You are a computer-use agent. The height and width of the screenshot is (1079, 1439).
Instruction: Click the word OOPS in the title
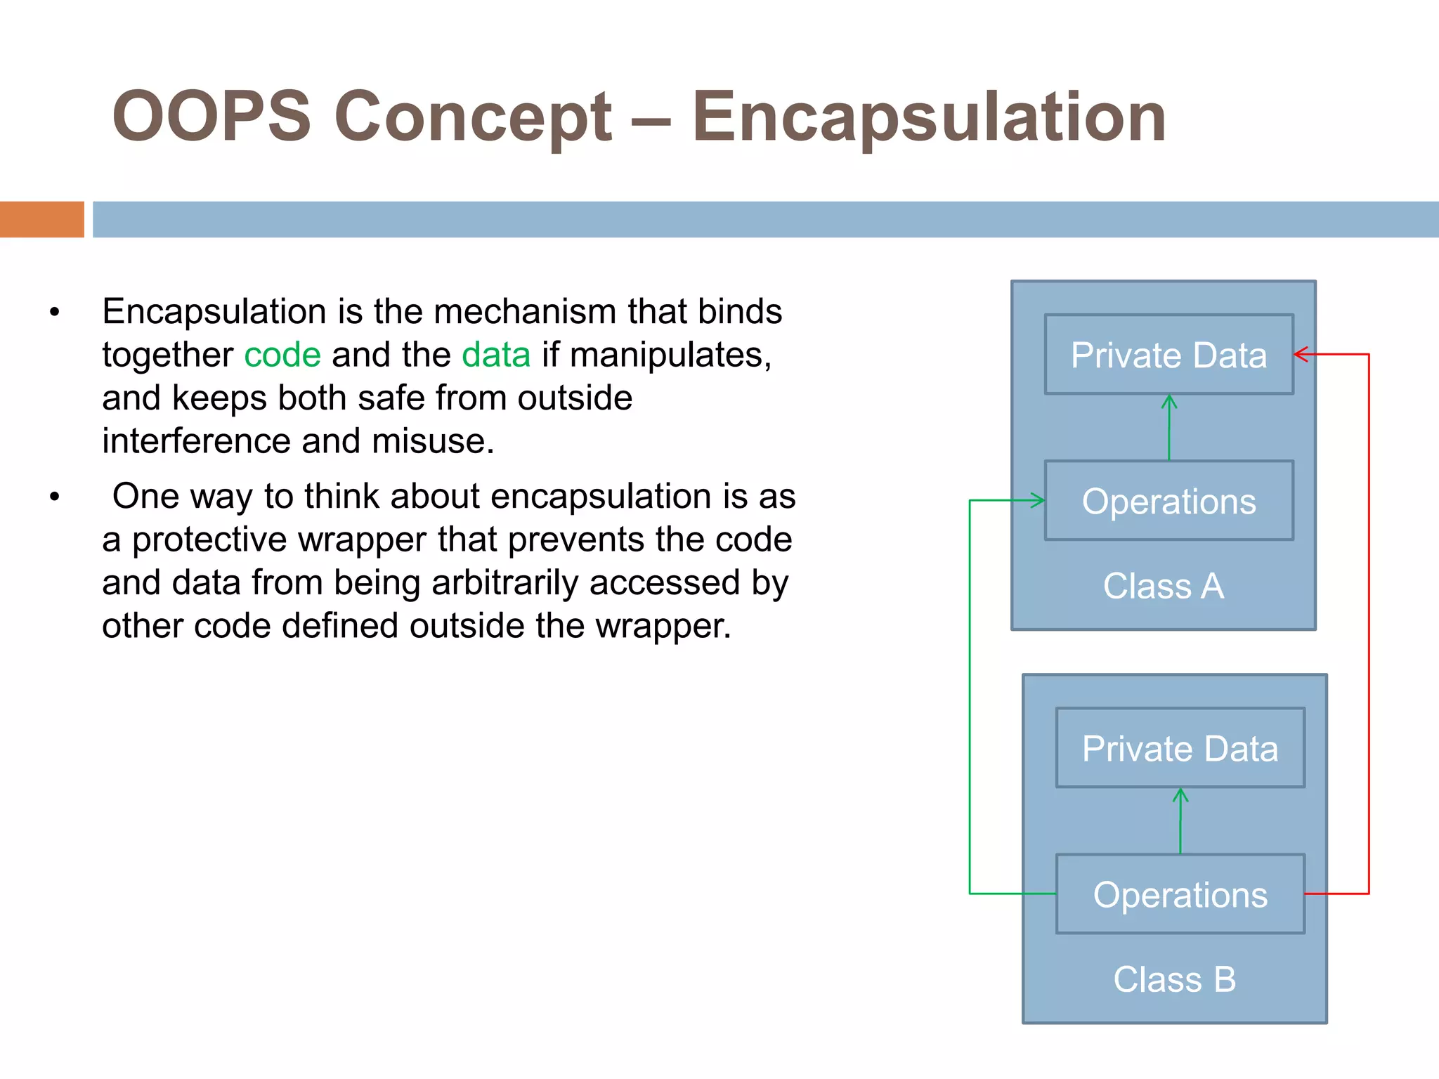211,117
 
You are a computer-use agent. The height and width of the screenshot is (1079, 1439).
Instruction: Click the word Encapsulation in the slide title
929,117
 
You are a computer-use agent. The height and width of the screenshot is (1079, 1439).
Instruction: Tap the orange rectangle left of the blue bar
41,219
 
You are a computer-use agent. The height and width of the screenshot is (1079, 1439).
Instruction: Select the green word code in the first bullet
282,355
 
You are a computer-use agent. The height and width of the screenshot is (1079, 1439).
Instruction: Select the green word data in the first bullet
496,355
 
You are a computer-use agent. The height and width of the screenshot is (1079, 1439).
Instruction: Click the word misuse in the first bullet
432,441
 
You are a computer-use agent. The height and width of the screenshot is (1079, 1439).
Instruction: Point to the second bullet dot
55,498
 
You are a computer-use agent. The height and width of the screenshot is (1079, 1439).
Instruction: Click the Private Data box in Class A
1168,355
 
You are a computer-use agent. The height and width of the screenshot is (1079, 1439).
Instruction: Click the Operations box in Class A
1168,501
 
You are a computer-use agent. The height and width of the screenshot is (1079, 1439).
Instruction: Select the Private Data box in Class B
1180,748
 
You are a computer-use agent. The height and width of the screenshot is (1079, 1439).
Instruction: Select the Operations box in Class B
1180,894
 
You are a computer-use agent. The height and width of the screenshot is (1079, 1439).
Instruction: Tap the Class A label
1164,586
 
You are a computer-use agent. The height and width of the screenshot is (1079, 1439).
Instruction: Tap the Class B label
1174,979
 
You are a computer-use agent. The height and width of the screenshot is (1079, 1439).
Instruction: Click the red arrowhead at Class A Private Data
1301,355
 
